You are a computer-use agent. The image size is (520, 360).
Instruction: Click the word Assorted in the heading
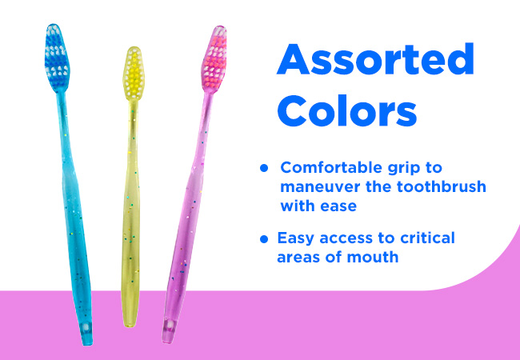[375, 59]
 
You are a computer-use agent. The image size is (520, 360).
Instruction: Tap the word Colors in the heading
[347, 110]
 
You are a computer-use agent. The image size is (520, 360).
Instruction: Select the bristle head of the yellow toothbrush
[134, 73]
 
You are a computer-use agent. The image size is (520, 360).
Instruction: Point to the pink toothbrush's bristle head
[214, 58]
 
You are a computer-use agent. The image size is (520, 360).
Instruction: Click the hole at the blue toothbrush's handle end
[86, 327]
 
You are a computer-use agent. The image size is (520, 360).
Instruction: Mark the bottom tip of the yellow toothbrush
[130, 326]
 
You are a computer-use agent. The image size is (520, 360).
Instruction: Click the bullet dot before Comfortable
[264, 168]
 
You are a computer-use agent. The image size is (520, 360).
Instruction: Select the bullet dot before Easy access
[264, 238]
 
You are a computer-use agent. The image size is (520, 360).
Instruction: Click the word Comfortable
[331, 167]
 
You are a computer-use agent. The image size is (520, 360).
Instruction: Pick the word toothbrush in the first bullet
[442, 186]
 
